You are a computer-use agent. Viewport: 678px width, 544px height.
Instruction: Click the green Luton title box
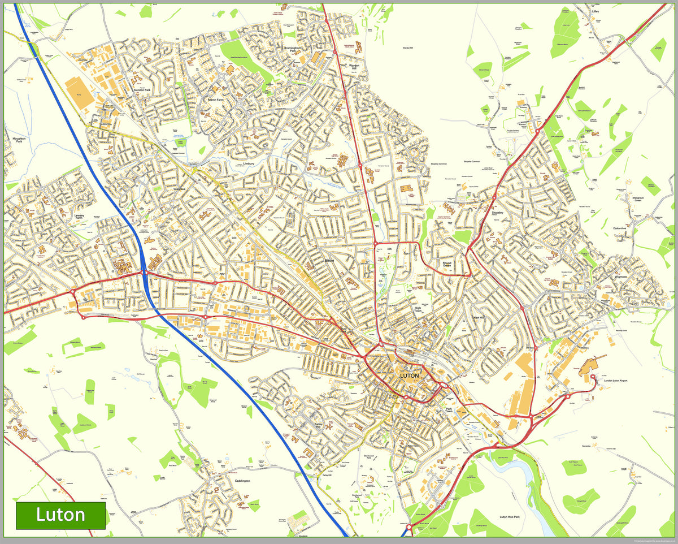60,515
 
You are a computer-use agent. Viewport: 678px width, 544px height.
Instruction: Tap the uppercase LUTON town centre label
410,375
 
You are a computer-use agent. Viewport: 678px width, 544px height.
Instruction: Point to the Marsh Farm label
216,100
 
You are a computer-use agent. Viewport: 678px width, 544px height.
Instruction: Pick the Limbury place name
250,163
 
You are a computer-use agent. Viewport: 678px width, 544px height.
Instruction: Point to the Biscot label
329,261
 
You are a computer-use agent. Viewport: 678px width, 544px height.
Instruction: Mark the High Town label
418,309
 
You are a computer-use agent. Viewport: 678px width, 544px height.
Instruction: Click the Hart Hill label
479,318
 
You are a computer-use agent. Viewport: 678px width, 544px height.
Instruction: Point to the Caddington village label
242,481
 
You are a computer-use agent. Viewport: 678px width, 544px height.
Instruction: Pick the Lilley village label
595,11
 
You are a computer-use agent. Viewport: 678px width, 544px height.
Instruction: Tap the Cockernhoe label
620,228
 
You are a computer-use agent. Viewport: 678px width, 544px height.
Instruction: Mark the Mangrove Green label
637,198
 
